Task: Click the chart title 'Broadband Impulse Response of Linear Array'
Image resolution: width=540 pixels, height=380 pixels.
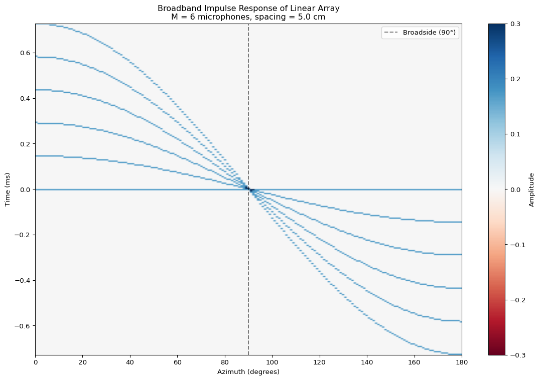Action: [248, 8]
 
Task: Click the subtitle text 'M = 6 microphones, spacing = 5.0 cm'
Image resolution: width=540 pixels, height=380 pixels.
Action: [248, 16]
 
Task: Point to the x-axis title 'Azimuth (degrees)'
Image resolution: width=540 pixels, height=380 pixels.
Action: [248, 372]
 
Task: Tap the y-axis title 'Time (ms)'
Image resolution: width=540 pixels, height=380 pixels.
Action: [8, 189]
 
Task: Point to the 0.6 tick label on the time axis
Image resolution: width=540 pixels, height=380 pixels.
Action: [26, 53]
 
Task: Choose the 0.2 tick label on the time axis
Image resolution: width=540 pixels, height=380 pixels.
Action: [26, 144]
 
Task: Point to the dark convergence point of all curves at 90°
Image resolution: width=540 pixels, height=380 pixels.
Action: [247, 188]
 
